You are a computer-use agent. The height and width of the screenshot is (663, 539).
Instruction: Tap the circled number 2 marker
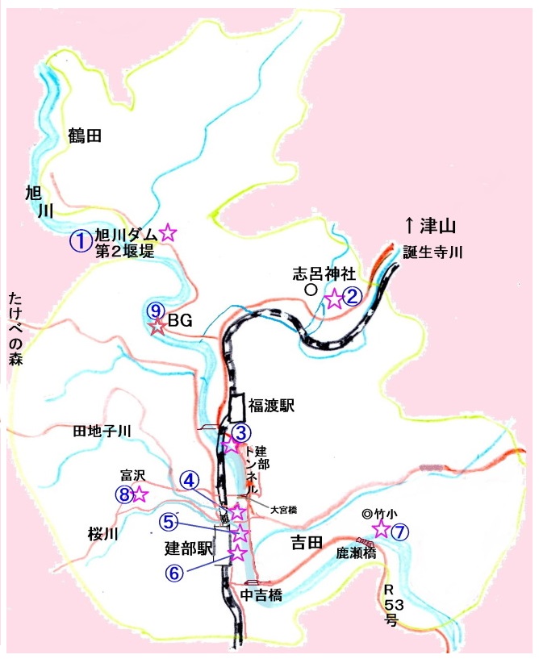352,298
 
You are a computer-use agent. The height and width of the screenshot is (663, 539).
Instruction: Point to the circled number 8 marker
123,494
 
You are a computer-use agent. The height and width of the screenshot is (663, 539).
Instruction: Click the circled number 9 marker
157,311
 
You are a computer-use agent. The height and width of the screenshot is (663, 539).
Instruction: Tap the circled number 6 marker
175,572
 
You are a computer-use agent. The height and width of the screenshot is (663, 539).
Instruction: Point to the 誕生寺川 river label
432,252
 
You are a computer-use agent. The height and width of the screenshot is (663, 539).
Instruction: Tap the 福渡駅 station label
271,407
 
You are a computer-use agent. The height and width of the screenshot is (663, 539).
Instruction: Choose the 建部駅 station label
187,548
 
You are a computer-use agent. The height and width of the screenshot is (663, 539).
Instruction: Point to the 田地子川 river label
102,432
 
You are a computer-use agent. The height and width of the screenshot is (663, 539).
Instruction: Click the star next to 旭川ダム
167,232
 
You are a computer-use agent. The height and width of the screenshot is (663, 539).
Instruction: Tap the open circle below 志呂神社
309,289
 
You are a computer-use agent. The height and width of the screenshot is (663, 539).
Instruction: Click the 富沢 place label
131,474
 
